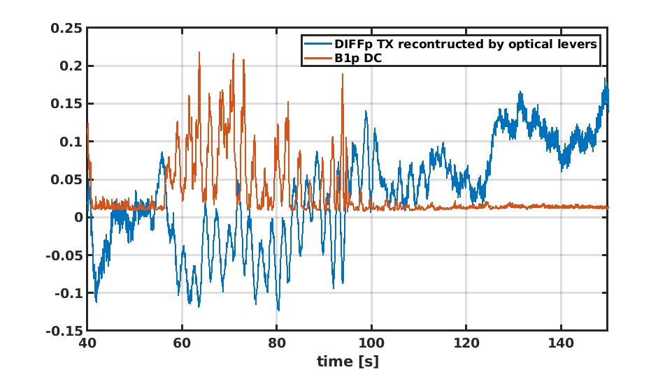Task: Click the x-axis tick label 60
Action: point(182,343)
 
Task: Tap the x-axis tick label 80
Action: point(277,343)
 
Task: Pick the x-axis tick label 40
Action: point(87,343)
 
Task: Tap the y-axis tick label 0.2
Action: point(72,66)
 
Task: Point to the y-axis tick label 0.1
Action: point(72,141)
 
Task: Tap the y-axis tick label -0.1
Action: point(70,292)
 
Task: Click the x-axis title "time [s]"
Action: point(347,362)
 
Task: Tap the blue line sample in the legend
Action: point(317,44)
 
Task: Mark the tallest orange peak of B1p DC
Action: point(199,52)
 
